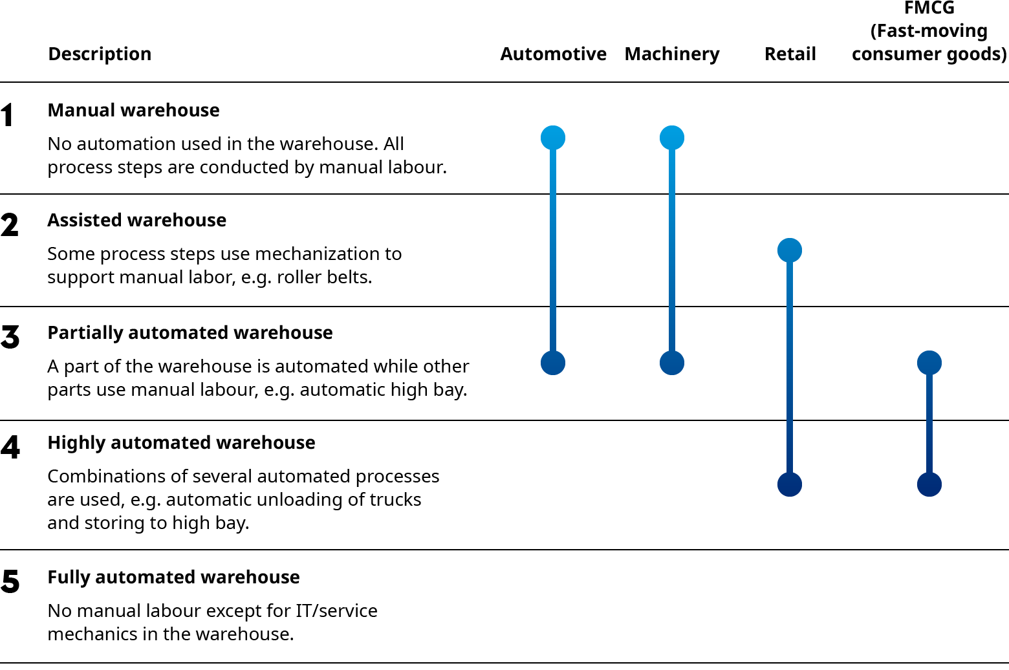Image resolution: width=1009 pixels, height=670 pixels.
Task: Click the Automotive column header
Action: coord(553,54)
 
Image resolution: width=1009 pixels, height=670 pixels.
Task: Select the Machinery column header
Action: coord(671,54)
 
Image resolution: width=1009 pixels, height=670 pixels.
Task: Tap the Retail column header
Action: coord(790,54)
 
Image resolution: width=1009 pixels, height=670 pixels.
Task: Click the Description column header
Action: coord(100,54)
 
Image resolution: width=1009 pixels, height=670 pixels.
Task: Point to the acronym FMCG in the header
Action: coord(929,9)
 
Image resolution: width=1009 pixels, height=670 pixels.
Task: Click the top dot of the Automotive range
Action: coord(553,138)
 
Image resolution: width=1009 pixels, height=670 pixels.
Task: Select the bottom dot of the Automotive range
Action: coord(553,363)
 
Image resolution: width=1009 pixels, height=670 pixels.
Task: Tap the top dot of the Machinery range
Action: coord(672,138)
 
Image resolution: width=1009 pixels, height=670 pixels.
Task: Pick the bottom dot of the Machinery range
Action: coord(672,363)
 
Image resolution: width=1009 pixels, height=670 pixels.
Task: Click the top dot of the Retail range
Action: coord(790,250)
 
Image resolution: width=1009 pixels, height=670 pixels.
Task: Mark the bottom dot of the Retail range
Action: coord(790,484)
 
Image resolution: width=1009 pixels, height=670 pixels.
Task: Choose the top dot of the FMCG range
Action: coord(929,363)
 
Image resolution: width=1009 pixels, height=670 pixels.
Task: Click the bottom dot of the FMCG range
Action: coord(929,484)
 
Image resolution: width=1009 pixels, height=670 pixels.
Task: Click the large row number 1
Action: coord(8,116)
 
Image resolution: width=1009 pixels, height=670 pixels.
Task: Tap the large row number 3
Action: coord(10,338)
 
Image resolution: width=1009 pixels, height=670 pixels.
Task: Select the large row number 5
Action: coord(10,582)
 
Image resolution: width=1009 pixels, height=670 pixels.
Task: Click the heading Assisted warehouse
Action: coord(136,221)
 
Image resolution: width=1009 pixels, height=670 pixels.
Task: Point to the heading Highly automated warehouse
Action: coord(181,443)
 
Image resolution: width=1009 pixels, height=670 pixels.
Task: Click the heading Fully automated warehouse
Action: coord(173,578)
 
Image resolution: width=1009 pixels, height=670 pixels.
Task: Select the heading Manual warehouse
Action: coord(133,111)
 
